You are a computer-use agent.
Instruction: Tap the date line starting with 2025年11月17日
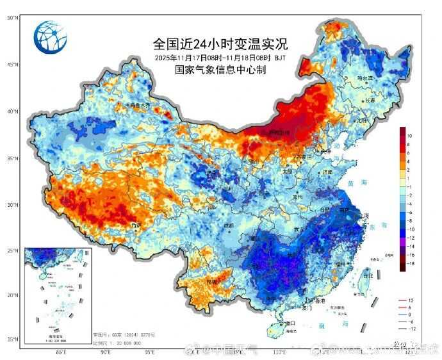coord(220,58)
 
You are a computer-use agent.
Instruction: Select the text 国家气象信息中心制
coord(220,70)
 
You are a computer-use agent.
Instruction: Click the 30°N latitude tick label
coord(12,205)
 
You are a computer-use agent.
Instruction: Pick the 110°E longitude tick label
coord(279,352)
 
